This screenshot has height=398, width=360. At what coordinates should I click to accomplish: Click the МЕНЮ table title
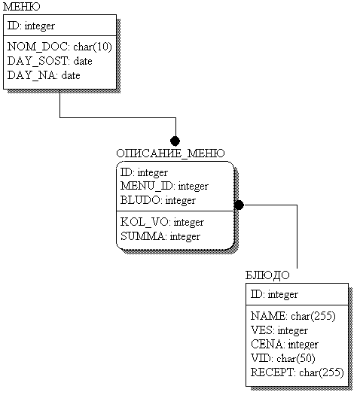pyautogui.click(x=22, y=6)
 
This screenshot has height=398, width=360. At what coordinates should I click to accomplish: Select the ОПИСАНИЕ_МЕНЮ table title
pyautogui.click(x=170, y=153)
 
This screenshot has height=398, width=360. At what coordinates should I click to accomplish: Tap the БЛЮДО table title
pyautogui.click(x=267, y=275)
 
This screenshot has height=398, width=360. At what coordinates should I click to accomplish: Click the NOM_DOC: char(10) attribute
pyautogui.click(x=59, y=47)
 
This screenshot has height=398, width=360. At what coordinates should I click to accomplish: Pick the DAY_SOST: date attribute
pyautogui.click(x=50, y=61)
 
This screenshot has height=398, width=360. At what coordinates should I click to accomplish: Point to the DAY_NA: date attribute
pyautogui.click(x=44, y=75)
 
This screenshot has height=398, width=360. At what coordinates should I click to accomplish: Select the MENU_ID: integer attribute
pyautogui.click(x=164, y=186)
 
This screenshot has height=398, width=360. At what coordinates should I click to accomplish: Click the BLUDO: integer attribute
pyautogui.click(x=158, y=200)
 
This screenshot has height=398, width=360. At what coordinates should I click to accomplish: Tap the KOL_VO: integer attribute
pyautogui.click(x=162, y=222)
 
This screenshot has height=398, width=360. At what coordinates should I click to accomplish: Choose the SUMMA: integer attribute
pyautogui.click(x=160, y=236)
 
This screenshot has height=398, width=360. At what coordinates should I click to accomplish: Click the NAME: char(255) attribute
pyautogui.click(x=293, y=316)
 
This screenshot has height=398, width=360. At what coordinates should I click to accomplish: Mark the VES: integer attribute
pyautogui.click(x=279, y=330)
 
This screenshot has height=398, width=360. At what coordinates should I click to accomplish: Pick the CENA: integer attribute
pyautogui.click(x=285, y=345)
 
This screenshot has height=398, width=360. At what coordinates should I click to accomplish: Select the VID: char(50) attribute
pyautogui.click(x=283, y=358)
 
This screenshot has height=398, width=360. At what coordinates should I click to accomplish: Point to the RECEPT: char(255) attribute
pyautogui.click(x=297, y=372)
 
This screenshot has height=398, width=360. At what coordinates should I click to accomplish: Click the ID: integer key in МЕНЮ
pyautogui.click(x=31, y=26)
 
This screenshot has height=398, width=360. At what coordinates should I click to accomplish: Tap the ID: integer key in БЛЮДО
pyautogui.click(x=274, y=294)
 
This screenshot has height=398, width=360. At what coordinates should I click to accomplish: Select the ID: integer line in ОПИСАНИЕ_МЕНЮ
pyautogui.click(x=144, y=172)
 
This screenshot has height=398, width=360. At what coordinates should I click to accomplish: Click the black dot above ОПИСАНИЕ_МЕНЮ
pyautogui.click(x=175, y=141)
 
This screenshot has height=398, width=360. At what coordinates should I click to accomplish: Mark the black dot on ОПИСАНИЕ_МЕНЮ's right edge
pyautogui.click(x=239, y=205)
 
